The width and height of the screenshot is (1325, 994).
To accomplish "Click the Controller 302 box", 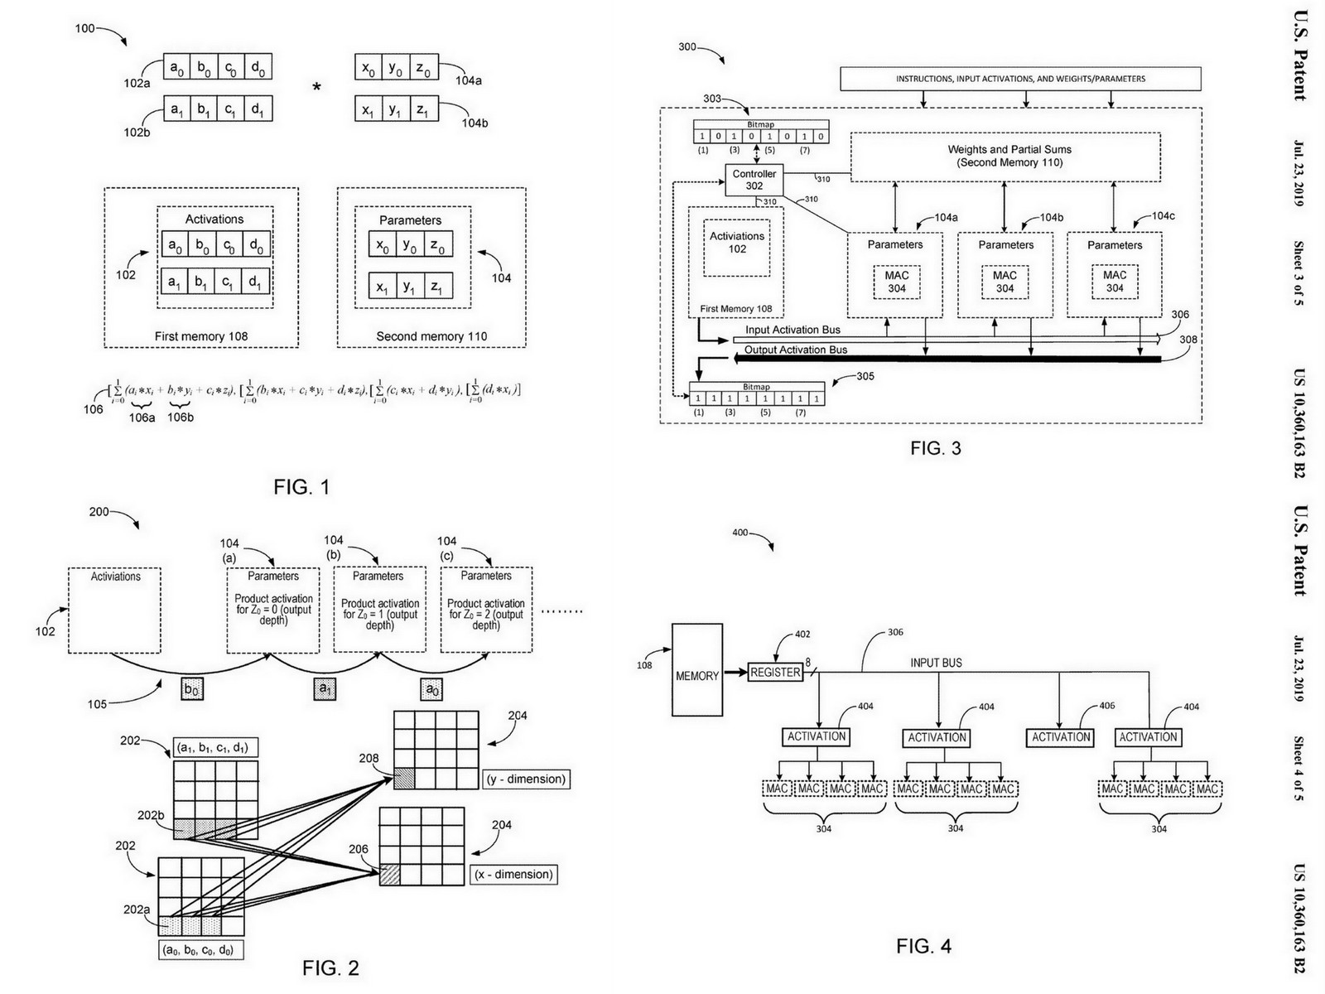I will pyautogui.click(x=754, y=180).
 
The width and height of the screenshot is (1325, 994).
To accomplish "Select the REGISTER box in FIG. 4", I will pyautogui.click(x=775, y=673).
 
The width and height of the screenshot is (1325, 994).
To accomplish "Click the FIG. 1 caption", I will pyautogui.click(x=301, y=487).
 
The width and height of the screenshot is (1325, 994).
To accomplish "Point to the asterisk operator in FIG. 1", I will pyautogui.click(x=316, y=87).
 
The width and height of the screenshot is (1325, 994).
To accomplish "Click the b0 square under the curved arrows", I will pyautogui.click(x=191, y=689).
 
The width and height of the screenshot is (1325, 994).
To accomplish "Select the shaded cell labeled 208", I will pyautogui.click(x=403, y=779).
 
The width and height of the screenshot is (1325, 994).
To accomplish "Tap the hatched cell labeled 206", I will pyautogui.click(x=389, y=874).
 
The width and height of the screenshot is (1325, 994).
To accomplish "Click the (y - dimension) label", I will pyautogui.click(x=526, y=779).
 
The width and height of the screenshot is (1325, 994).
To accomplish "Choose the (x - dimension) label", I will pyautogui.click(x=513, y=874).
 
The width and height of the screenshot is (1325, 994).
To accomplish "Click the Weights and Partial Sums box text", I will pyautogui.click(x=1009, y=156).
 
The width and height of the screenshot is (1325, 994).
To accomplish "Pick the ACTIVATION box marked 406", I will pyautogui.click(x=1061, y=737).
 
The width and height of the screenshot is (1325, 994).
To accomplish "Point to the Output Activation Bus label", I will pyautogui.click(x=795, y=350).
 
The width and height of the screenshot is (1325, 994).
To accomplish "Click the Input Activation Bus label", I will pyautogui.click(x=793, y=330).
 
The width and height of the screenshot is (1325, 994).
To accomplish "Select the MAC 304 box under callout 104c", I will pyautogui.click(x=1114, y=282).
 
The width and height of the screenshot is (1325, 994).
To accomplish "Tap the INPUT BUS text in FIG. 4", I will pyautogui.click(x=936, y=663).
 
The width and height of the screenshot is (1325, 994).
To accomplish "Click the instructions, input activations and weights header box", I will pyautogui.click(x=1020, y=79).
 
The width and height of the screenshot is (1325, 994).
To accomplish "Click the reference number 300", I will pyautogui.click(x=687, y=47).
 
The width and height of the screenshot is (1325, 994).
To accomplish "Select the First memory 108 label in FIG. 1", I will pyautogui.click(x=201, y=336).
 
